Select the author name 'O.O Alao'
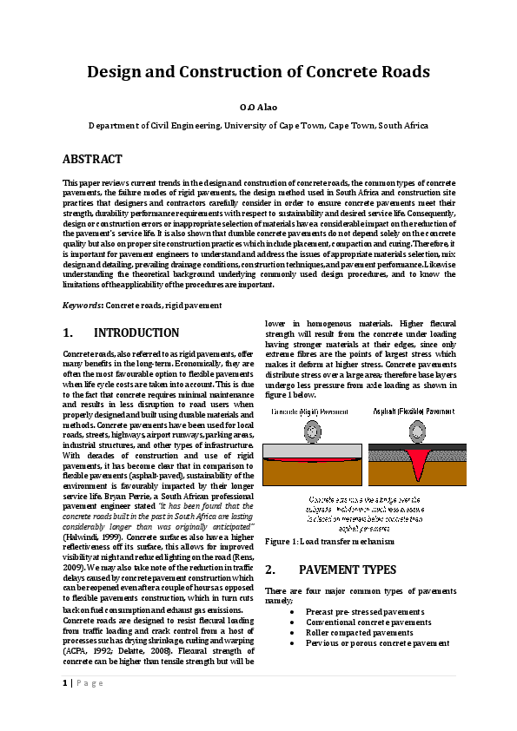259,107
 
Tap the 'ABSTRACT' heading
92,160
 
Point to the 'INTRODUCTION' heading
136,333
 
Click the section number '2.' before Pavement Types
270,570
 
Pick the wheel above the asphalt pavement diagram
414,431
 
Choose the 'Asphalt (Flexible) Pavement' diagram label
414,411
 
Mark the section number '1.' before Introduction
69,333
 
